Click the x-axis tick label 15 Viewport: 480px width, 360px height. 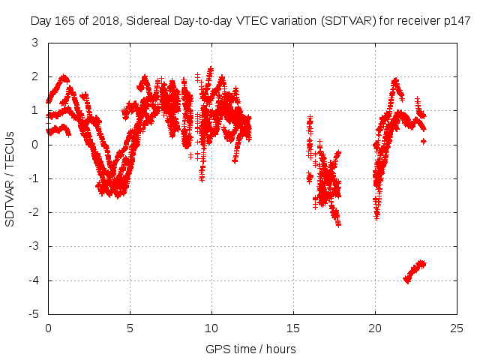click(293, 328)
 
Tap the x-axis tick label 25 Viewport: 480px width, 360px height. click(457, 328)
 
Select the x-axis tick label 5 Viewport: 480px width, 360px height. click(130, 328)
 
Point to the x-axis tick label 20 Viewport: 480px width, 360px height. click(375, 328)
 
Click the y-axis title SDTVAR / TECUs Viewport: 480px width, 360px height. click(10, 178)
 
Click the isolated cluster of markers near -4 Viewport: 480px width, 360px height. click(415, 271)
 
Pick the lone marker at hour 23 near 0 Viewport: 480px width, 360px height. click(424, 141)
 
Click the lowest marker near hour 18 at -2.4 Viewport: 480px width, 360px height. click(338, 223)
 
